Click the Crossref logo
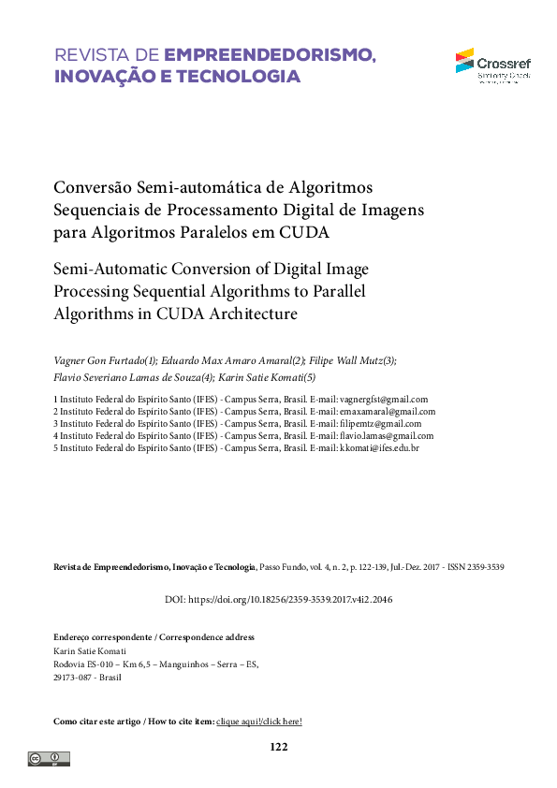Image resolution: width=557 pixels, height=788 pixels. (491, 66)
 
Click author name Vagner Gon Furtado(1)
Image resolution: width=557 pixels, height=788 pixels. (106, 360)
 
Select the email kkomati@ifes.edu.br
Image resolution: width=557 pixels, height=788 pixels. (378, 448)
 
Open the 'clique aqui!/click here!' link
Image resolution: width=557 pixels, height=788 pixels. (259, 722)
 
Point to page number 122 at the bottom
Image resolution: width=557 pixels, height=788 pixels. (278, 747)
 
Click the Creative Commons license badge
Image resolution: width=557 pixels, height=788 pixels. (48, 758)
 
